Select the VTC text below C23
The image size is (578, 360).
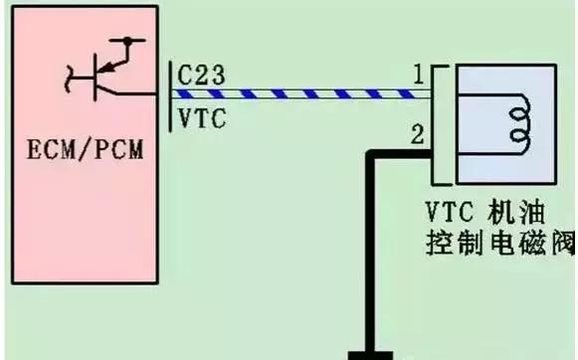[x=203, y=119]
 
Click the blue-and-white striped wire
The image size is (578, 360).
[x=298, y=95]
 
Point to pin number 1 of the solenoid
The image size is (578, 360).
[x=420, y=75]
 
